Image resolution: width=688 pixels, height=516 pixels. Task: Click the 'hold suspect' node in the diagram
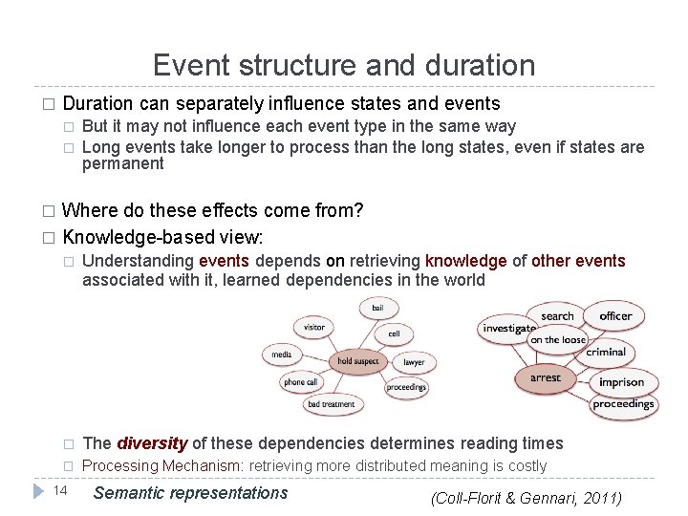(358, 361)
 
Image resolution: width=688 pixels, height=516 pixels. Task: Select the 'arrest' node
(546, 377)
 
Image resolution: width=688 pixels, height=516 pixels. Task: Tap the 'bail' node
(378, 308)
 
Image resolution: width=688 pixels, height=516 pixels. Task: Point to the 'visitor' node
(314, 327)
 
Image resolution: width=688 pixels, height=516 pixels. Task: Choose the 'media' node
(282, 354)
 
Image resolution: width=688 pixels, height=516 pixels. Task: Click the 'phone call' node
(300, 382)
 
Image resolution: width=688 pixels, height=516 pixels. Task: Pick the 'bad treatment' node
(332, 404)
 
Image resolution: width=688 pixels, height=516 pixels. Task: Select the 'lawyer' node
(414, 363)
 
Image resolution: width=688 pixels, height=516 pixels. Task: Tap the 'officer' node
(615, 315)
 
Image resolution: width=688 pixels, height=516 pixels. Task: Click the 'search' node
(557, 316)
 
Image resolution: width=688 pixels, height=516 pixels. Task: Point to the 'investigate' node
(507, 329)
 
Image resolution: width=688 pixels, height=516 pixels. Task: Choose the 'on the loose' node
(558, 339)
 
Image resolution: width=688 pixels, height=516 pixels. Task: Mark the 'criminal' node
(606, 352)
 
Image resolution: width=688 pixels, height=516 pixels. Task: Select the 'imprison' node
(621, 382)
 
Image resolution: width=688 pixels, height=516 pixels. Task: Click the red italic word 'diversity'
(152, 443)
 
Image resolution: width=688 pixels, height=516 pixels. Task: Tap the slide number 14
(59, 491)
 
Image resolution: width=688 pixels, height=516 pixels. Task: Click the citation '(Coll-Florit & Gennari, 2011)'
(526, 498)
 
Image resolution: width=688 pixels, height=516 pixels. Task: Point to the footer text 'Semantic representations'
(191, 493)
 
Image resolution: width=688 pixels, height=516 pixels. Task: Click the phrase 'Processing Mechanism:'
(163, 466)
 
